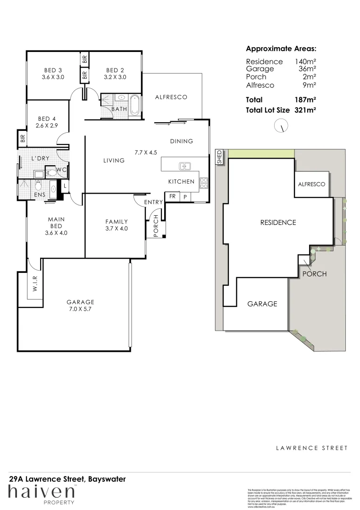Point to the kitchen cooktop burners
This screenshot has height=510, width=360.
[204, 183]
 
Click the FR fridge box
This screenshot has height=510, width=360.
[172, 196]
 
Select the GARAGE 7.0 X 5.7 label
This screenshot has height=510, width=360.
[80, 306]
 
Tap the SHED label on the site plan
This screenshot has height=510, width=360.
[219, 157]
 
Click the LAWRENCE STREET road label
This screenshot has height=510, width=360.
[311, 448]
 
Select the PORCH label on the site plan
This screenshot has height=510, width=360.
[314, 274]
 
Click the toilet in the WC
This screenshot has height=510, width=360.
[52, 173]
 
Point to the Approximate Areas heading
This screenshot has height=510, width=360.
[281, 49]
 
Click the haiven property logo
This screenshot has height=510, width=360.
[41, 493]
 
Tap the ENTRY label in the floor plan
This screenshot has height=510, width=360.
[153, 202]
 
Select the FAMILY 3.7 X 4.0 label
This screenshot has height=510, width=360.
[117, 225]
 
